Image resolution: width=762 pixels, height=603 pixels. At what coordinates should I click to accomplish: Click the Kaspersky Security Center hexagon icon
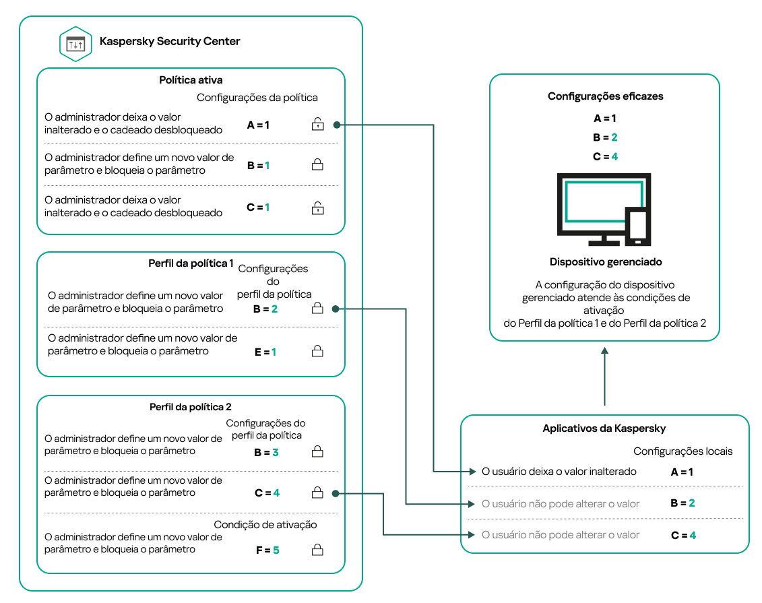[x=75, y=43]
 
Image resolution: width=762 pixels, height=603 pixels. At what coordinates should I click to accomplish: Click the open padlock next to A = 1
[x=317, y=124]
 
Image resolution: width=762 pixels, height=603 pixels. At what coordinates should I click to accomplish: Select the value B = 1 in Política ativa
[x=258, y=165]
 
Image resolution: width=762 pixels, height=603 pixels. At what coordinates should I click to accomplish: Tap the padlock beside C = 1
[x=317, y=208]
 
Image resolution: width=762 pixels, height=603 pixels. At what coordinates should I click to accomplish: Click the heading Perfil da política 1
[x=191, y=263]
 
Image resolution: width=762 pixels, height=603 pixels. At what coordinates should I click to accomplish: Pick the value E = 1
[x=265, y=352]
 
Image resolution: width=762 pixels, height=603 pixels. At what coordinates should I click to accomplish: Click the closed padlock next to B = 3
[x=317, y=453]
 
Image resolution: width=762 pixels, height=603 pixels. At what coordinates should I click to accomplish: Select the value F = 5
[x=267, y=550]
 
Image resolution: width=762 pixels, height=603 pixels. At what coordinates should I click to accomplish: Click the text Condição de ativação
[x=265, y=524]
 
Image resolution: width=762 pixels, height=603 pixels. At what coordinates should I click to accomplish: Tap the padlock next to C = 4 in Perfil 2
[x=317, y=493]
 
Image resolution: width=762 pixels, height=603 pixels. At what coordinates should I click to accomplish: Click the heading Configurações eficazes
[x=605, y=96]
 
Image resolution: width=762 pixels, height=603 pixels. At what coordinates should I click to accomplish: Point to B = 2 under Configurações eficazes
[x=605, y=137]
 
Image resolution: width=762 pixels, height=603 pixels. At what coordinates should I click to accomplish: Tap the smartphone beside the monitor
[x=637, y=226]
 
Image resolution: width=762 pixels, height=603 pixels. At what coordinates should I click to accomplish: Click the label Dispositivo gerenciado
[x=605, y=261]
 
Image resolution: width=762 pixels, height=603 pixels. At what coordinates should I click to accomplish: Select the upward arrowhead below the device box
[x=605, y=352]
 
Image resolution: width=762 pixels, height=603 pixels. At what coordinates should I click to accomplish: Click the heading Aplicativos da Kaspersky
[x=604, y=429]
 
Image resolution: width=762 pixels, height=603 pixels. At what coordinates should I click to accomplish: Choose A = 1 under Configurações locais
[x=682, y=472]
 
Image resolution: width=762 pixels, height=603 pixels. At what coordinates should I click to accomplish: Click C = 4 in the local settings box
[x=682, y=536]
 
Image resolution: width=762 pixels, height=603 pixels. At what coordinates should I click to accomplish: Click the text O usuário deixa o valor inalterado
[x=559, y=472]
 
